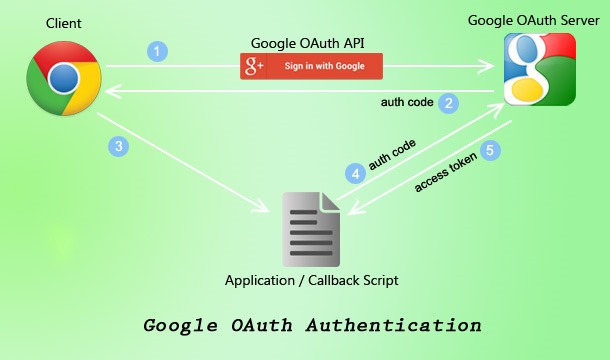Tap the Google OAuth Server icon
(x=539, y=69)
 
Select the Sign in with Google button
(x=311, y=67)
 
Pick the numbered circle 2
(x=450, y=102)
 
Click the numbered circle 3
(x=119, y=147)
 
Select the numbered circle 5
(x=489, y=150)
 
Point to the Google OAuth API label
(x=310, y=42)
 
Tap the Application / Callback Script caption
(x=312, y=280)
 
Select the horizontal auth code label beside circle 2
(x=406, y=102)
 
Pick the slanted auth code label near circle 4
(x=392, y=155)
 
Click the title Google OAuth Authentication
(x=312, y=326)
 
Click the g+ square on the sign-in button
(x=254, y=67)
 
